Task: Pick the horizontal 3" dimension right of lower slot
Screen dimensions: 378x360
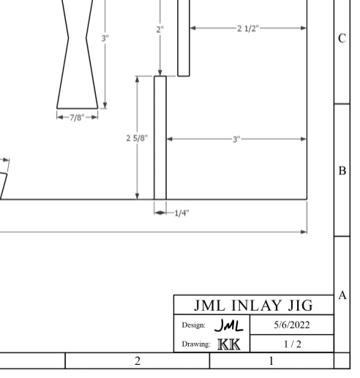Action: click(237, 137)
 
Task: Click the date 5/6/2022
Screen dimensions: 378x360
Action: click(292, 324)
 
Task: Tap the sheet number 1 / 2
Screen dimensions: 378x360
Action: click(292, 342)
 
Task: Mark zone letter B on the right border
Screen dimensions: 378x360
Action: click(342, 170)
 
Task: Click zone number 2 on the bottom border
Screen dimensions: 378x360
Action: click(137, 361)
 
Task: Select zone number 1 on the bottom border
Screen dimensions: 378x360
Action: click(271, 361)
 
